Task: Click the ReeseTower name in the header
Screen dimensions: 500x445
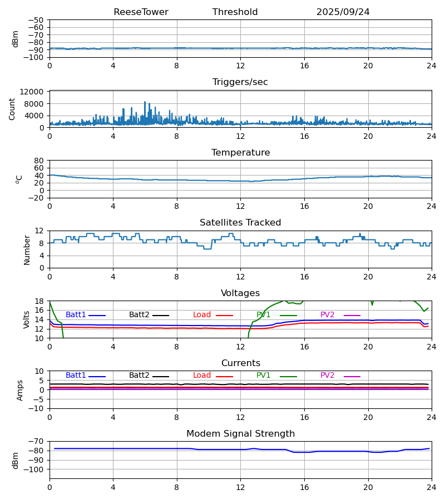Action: coord(141,12)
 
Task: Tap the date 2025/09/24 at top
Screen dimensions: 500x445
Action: coord(343,12)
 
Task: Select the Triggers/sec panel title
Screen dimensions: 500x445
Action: coord(240,82)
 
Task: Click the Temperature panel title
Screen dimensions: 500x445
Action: coord(240,153)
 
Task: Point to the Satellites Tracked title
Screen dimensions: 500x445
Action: coord(240,223)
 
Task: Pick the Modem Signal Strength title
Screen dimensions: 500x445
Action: coord(240,434)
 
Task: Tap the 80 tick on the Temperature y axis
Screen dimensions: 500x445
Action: coord(39,161)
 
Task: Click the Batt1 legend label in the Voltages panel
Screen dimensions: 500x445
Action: coord(76,315)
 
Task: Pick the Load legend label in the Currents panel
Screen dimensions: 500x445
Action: coord(202,376)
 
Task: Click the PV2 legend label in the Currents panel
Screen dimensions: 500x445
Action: coord(328,376)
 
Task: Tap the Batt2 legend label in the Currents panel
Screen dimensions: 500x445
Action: coord(139,376)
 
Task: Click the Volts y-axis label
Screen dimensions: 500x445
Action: coord(27,319)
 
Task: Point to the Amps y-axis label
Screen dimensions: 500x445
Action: coord(21,390)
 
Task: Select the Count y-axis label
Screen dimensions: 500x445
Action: coord(12,109)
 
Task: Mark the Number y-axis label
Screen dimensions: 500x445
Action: coord(27,249)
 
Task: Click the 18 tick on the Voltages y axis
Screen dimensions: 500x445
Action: coord(39,301)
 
